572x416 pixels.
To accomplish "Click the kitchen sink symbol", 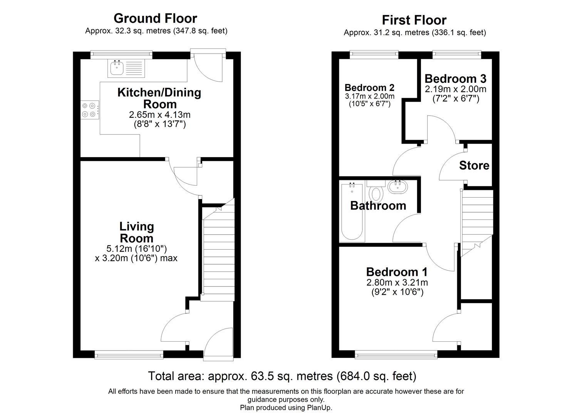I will (x=117, y=68).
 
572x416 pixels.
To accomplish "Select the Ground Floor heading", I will (x=155, y=18).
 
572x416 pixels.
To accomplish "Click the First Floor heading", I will (x=414, y=20).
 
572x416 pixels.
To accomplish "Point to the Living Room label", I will (x=136, y=232).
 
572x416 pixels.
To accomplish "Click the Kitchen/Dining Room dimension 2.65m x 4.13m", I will (x=160, y=114).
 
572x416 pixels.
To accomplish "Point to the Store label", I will (x=474, y=165).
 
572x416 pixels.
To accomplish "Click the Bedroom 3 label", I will (x=455, y=79).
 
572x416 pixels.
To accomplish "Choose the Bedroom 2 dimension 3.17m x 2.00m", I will (x=369, y=96).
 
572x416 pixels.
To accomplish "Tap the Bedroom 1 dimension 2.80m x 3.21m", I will (x=397, y=282).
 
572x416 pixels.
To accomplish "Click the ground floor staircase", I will (x=218, y=254).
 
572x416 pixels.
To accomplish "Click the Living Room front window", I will (x=129, y=354).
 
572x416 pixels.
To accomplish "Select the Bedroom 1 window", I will (x=396, y=354).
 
